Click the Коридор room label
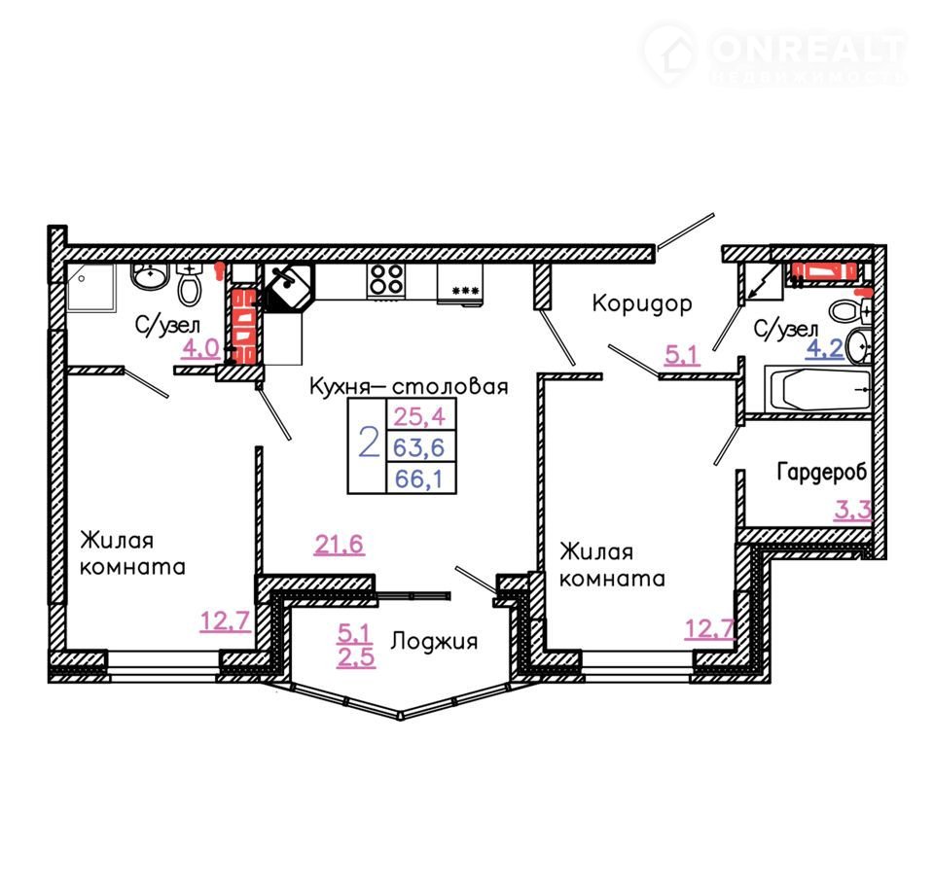(x=642, y=304)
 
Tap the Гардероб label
(x=821, y=472)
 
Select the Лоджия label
(x=434, y=642)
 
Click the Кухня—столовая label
(x=409, y=386)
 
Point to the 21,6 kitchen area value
(x=339, y=545)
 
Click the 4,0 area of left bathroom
(x=200, y=348)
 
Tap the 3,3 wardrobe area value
(x=853, y=510)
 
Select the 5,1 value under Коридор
(x=681, y=356)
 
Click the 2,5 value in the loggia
(x=356, y=657)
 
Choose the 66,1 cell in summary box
(x=421, y=478)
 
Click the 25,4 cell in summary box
(x=421, y=415)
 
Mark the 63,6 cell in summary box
(x=421, y=446)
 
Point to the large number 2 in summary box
(x=369, y=442)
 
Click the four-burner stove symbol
(x=386, y=280)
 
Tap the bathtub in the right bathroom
(x=818, y=389)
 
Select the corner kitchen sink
(x=289, y=287)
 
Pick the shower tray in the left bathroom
(x=90, y=288)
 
